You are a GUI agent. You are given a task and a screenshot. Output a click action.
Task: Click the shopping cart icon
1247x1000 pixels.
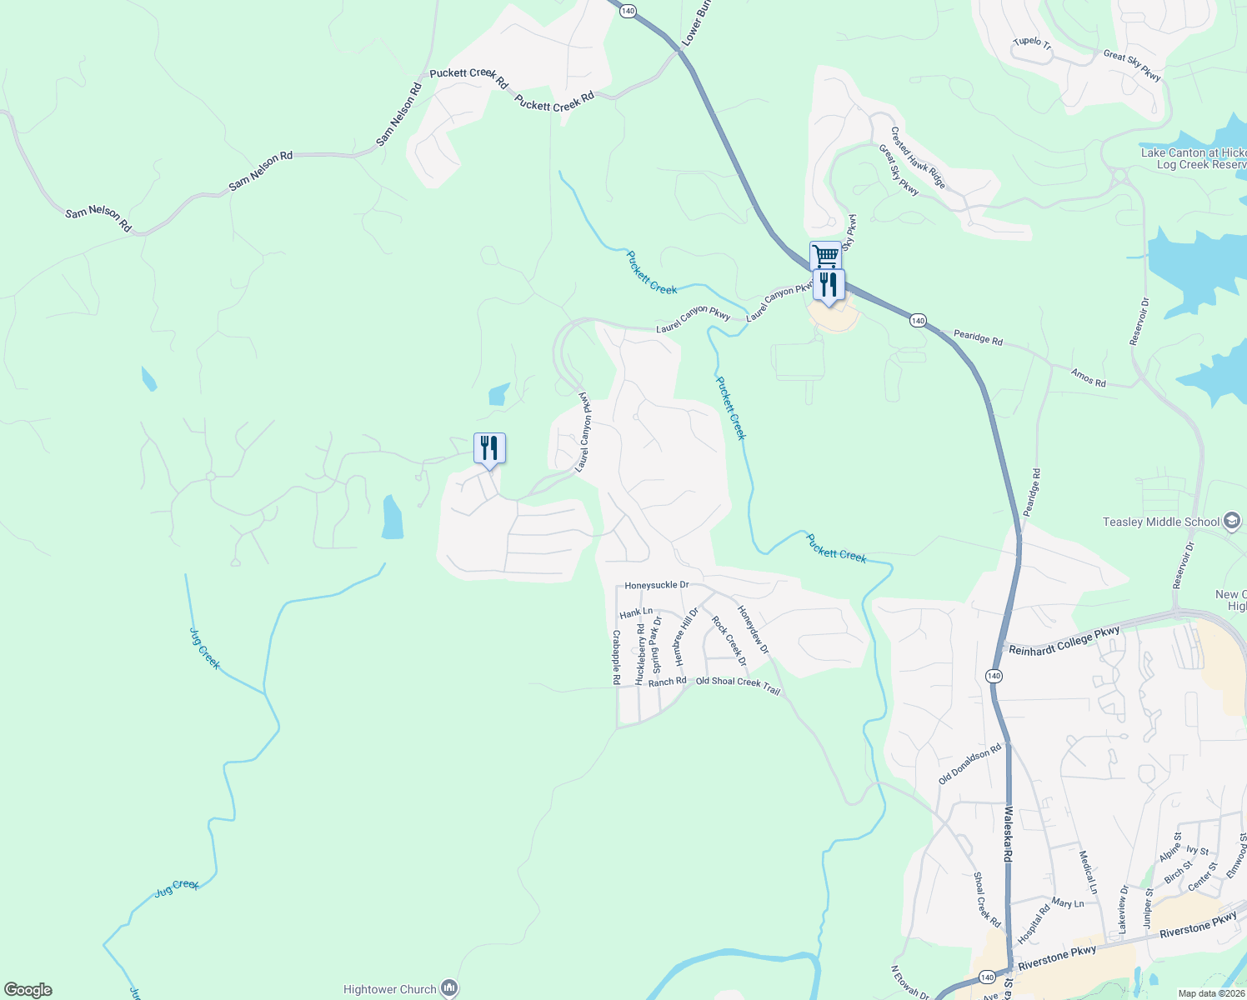pos(824,255)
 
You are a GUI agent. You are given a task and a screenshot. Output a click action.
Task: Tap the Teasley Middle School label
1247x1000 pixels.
pos(1161,522)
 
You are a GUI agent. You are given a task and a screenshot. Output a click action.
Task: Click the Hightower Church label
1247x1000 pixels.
pos(390,989)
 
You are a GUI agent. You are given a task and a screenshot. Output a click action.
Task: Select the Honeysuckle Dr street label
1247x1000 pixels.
pos(657,586)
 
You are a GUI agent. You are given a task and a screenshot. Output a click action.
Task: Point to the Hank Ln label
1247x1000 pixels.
pos(636,612)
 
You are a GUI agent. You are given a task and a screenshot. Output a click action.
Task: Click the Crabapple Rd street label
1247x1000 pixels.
pos(616,657)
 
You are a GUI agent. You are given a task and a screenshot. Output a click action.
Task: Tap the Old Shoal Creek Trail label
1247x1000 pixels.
pos(738,685)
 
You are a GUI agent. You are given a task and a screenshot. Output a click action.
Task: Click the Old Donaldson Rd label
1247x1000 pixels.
pos(969,764)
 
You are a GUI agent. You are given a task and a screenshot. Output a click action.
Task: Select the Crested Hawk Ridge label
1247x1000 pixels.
pos(918,157)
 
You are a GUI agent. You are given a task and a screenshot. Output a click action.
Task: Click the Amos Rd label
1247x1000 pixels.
pos(1089,378)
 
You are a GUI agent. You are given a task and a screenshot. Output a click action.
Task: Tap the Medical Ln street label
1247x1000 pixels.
pos(1088,872)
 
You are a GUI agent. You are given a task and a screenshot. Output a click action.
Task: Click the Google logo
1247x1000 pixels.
pos(28,989)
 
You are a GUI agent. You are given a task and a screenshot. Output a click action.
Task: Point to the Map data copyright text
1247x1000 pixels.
pos(1210,993)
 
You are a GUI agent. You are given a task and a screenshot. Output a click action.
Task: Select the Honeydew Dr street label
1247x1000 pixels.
pos(753,629)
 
